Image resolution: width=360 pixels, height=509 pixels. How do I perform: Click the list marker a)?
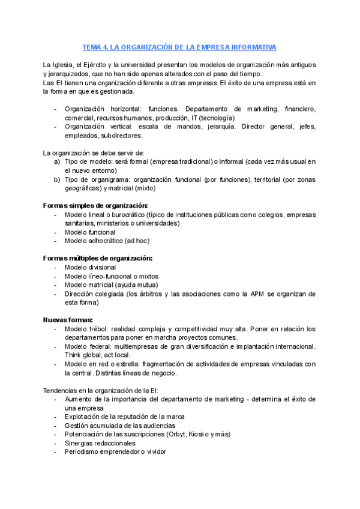point(57,162)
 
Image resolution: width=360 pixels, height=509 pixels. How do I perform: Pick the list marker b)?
point(57,179)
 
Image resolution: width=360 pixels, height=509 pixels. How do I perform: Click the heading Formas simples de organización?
point(95,205)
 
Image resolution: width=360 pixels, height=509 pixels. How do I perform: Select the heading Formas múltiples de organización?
point(98,258)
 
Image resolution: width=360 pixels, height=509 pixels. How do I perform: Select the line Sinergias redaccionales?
point(100,443)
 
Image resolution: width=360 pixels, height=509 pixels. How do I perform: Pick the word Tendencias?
point(62,390)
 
